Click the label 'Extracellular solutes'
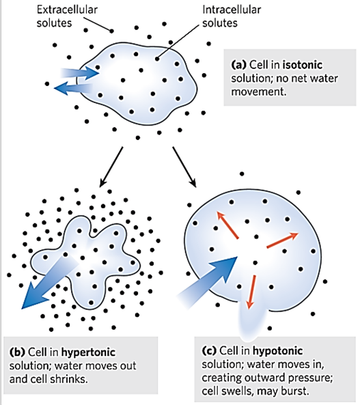pyautogui.click(x=67, y=16)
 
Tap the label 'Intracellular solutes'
pyautogui.click(x=232, y=16)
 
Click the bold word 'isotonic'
pyautogui.click(x=303, y=65)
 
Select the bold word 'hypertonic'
pyautogui.click(x=88, y=352)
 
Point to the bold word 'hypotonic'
pyautogui.click(x=277, y=351)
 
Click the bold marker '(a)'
pyautogui.click(x=239, y=65)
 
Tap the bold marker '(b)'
pyautogui.click(x=17, y=352)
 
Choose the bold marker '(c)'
pyautogui.click(x=209, y=351)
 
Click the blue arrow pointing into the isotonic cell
pyautogui.click(x=80, y=72)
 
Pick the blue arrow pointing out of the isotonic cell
pyautogui.click(x=73, y=88)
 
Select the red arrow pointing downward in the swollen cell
pyautogui.click(x=251, y=292)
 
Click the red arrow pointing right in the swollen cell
pyautogui.click(x=283, y=240)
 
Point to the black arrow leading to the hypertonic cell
pyautogui.click(x=111, y=167)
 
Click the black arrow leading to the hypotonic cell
pyautogui.click(x=184, y=167)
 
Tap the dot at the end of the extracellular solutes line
pyautogui.click(x=111, y=31)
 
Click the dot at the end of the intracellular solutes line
pyautogui.click(x=157, y=59)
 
